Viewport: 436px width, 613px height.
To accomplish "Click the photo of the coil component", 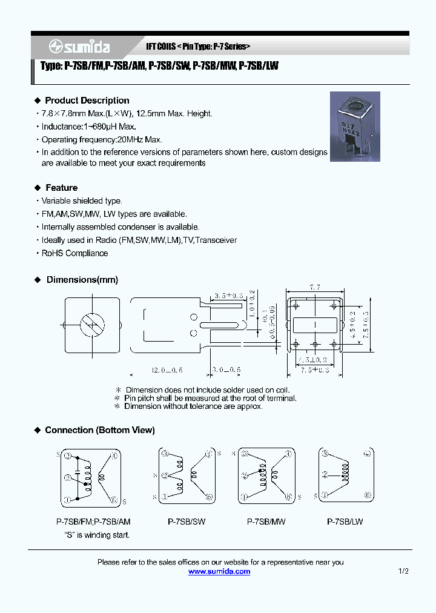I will tap(354, 126).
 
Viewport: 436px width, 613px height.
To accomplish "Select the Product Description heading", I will tap(87, 101).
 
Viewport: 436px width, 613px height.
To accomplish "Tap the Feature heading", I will tap(61, 188).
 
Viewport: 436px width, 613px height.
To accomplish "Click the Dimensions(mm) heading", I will tap(82, 280).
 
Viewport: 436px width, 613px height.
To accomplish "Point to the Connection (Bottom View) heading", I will tap(99, 430).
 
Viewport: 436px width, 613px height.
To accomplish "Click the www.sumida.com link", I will tap(219, 571).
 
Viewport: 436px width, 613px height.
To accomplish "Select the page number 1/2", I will tap(404, 571).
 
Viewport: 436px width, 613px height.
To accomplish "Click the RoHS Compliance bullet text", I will tap(74, 253).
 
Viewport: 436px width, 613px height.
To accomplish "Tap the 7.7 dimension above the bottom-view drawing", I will tap(315, 287).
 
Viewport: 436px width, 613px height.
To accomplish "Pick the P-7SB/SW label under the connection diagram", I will tap(186, 522).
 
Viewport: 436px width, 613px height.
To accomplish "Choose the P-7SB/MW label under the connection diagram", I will tap(266, 522).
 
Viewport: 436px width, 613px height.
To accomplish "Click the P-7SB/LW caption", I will tap(345, 522).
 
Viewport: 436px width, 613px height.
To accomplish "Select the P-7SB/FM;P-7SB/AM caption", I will tap(93, 522).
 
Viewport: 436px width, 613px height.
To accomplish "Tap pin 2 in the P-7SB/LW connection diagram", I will tap(325, 475).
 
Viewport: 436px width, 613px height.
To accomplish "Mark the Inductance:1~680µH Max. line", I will tap(88, 127).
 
